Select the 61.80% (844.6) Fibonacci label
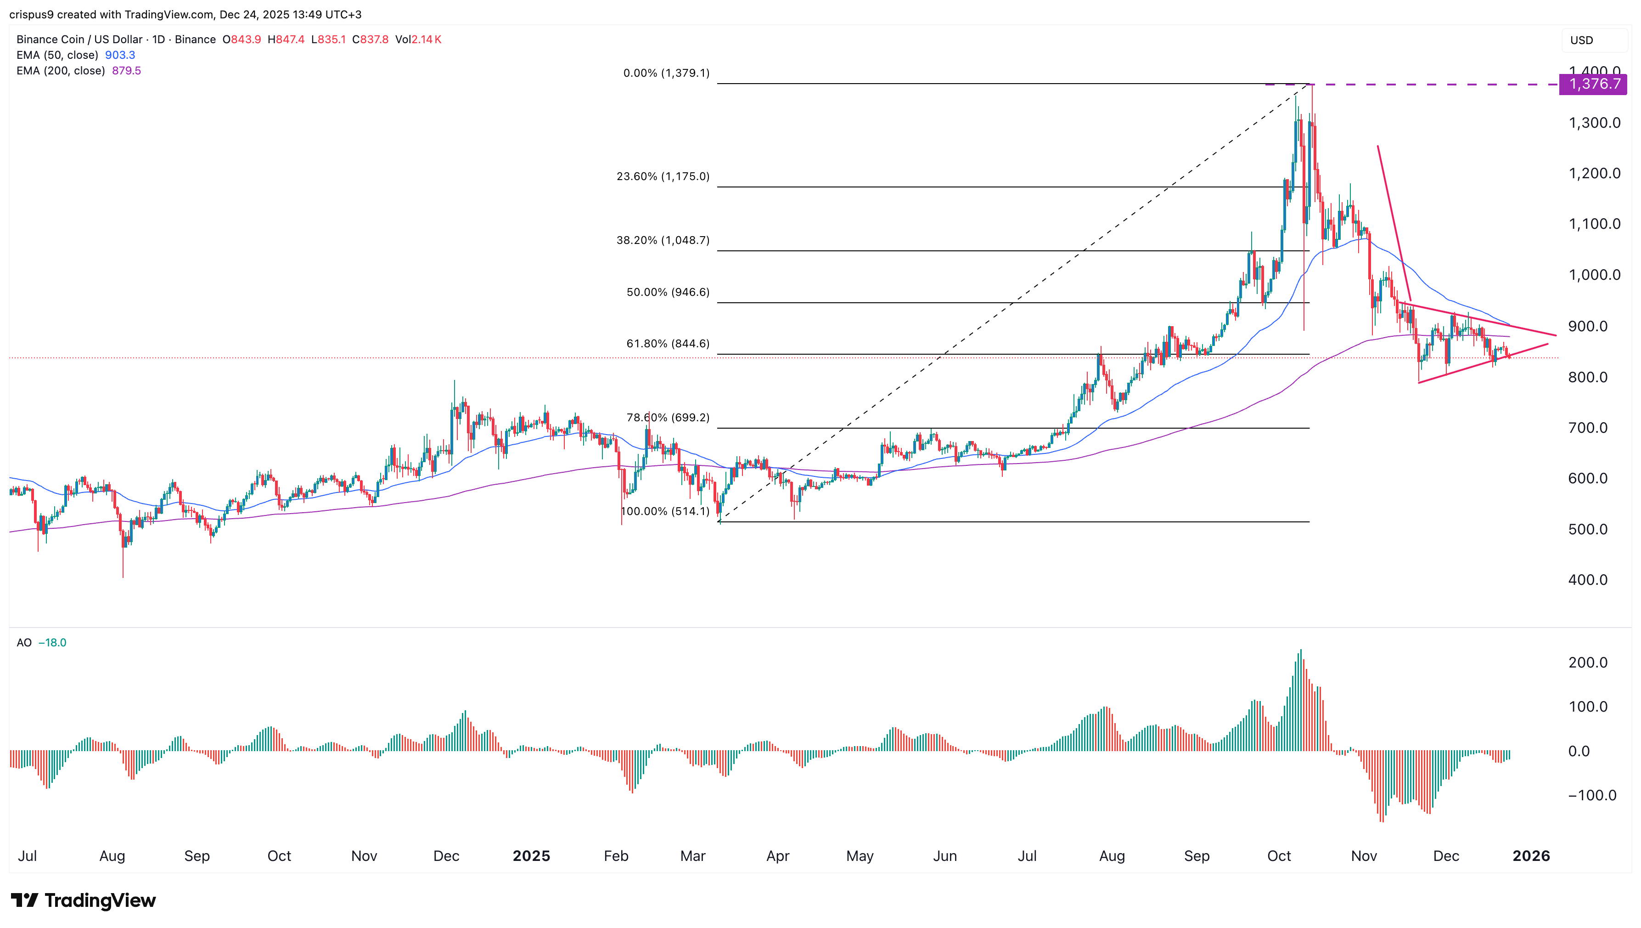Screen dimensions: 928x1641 (668, 344)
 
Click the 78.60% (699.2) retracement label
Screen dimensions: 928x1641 (668, 418)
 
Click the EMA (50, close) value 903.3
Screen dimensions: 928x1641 (120, 55)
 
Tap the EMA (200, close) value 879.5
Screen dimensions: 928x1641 (126, 71)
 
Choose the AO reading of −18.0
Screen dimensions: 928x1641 (52, 642)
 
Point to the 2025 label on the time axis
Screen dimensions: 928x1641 (531, 856)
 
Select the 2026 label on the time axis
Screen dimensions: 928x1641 (1531, 856)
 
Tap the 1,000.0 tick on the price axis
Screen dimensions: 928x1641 (1594, 275)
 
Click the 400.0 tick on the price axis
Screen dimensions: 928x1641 (1587, 580)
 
